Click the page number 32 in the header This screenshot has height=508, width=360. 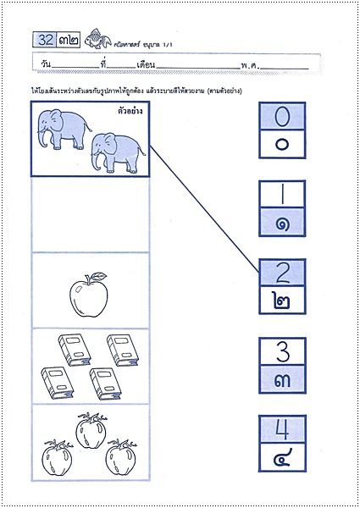coord(43,39)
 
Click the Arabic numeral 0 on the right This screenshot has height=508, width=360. coord(283,115)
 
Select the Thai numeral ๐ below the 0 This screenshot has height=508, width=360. coord(283,143)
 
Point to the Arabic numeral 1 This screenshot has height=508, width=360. coord(283,194)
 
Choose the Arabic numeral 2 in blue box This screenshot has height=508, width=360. coord(283,273)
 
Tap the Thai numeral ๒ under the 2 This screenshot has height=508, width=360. coord(283,301)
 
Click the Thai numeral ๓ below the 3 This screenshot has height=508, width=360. coord(283,380)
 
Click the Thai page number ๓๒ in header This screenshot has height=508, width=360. coord(70,39)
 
